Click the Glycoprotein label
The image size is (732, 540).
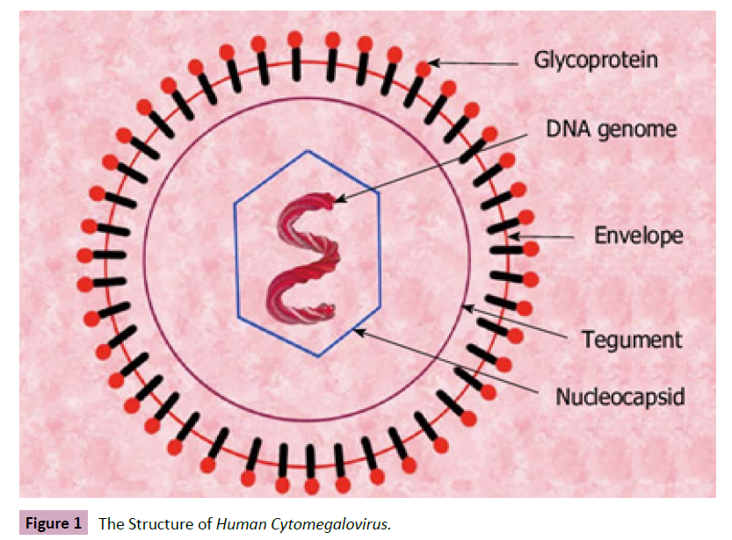pos(597,61)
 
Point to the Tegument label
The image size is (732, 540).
pos(632,339)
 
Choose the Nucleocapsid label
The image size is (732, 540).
pos(620,397)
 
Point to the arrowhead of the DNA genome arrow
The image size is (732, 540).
pos(337,200)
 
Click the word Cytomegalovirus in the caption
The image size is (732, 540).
pos(333,524)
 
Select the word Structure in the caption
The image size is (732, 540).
pos(161,524)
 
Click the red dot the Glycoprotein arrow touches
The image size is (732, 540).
pos(424,68)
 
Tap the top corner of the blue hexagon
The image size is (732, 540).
pos(308,151)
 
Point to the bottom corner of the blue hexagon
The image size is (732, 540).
pos(319,356)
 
